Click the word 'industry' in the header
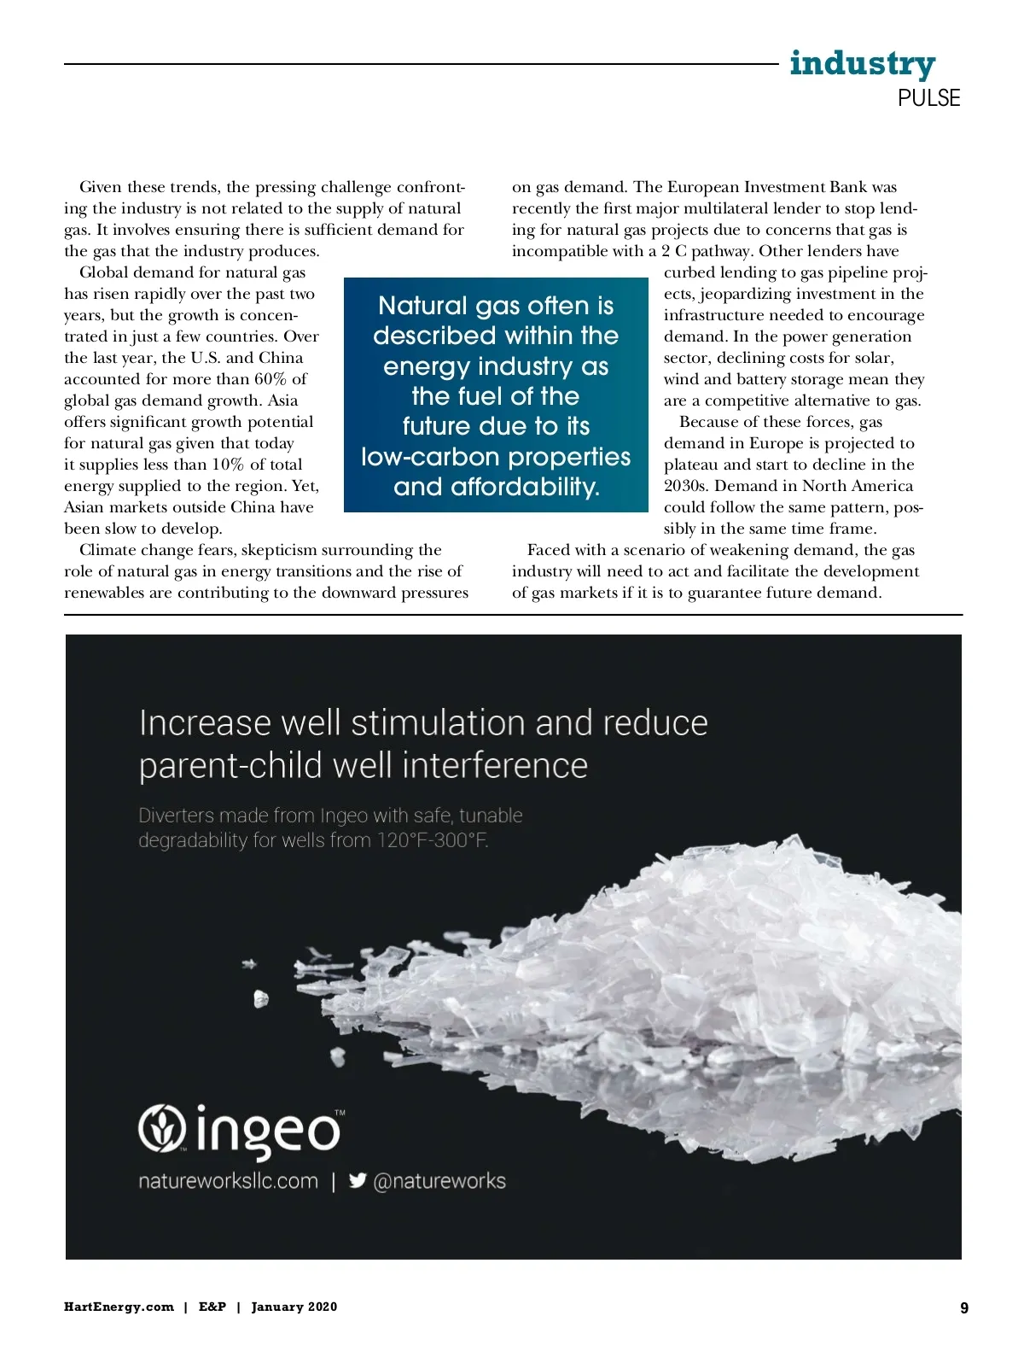coord(862,64)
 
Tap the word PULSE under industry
coord(928,98)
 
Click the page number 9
coord(964,1307)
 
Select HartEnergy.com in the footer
coord(119,1307)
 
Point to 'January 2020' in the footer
coord(294,1307)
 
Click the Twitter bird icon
coord(358,1180)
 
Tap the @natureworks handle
coord(439,1181)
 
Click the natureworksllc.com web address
coord(228,1181)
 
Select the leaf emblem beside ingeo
coord(162,1128)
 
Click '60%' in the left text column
coord(271,379)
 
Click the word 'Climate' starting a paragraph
coord(107,550)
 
